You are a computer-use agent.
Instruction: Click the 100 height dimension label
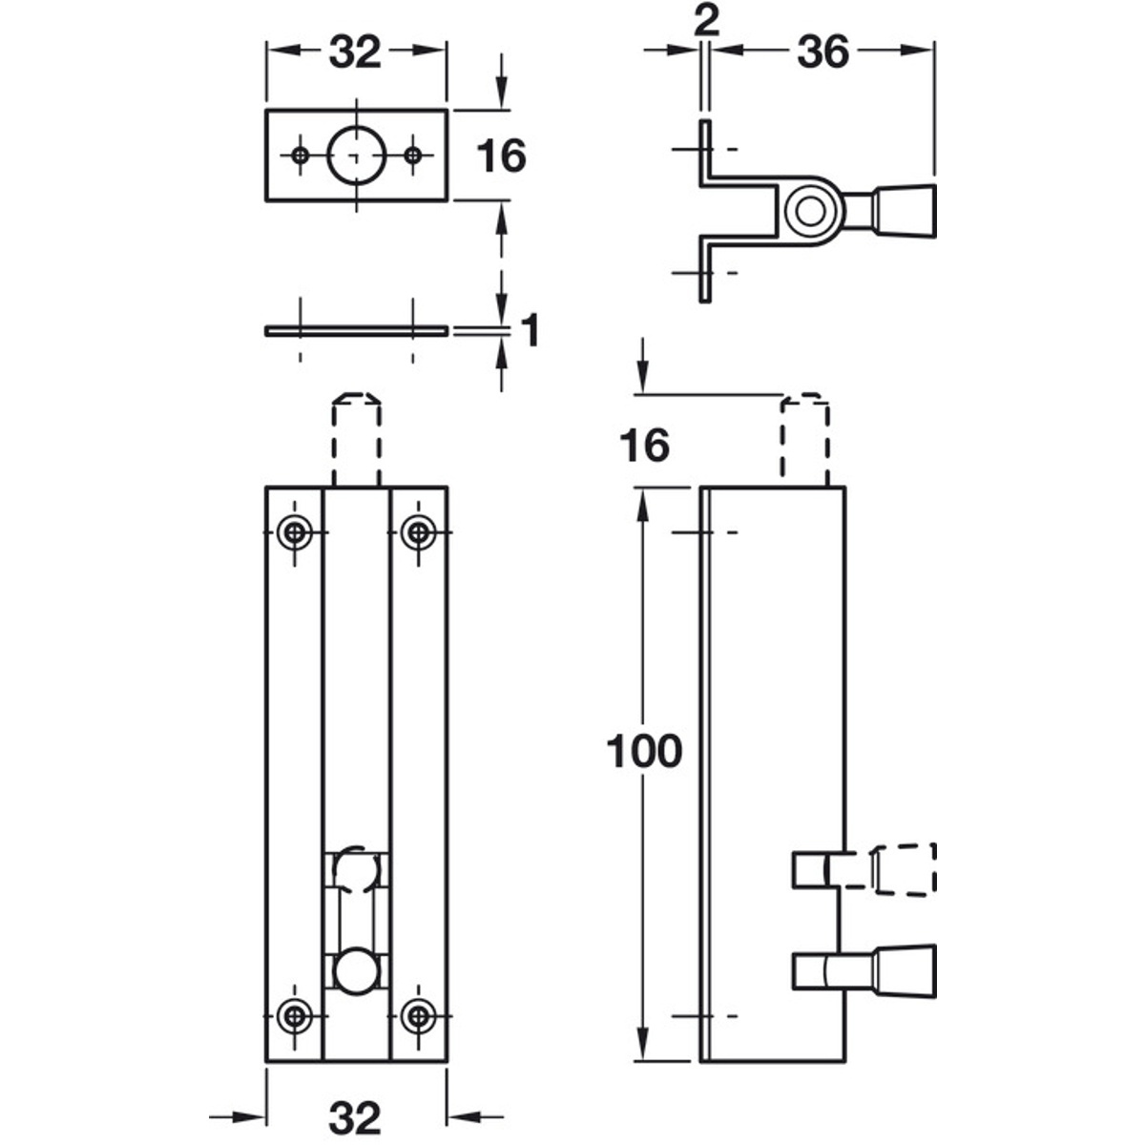tap(645, 753)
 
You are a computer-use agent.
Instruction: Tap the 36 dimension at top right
tap(822, 52)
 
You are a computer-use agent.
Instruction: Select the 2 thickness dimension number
tap(705, 21)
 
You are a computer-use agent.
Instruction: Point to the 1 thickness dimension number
tap(531, 331)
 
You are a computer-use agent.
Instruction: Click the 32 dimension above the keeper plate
tap(355, 52)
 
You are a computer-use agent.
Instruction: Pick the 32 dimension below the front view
tap(355, 1117)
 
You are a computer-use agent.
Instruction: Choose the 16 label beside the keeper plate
tap(500, 156)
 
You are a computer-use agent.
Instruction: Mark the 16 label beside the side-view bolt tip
tap(645, 446)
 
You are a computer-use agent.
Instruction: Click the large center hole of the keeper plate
tap(356, 155)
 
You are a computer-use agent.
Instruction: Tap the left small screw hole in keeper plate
tap(301, 155)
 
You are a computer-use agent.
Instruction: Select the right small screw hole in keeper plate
tap(412, 155)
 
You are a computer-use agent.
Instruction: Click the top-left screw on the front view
tap(296, 531)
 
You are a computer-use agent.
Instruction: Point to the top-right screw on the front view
tap(417, 531)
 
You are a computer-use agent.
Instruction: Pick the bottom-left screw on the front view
tap(296, 1016)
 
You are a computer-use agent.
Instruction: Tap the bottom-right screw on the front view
tap(417, 1016)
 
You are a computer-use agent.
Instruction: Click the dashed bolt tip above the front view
tap(356, 437)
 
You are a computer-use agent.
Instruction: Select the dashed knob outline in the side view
tap(901, 869)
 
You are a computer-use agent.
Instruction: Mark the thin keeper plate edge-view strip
tap(356, 331)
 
